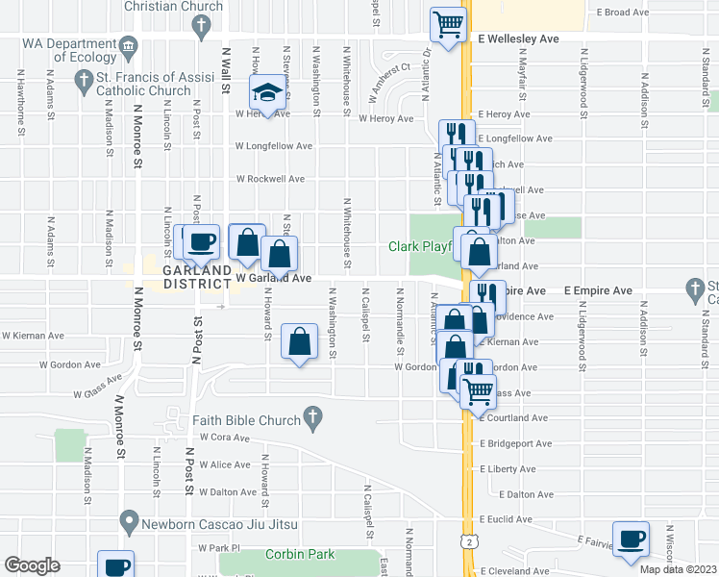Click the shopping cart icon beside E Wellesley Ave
pyautogui.click(x=449, y=23)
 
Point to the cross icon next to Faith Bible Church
pyautogui.click(x=311, y=415)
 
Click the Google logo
pyautogui.click(x=33, y=565)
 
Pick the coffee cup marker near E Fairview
pyautogui.click(x=631, y=539)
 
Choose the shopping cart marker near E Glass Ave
pyautogui.click(x=476, y=389)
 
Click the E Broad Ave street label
pyautogui.click(x=623, y=13)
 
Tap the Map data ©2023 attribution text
pyautogui.click(x=678, y=569)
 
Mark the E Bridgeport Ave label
pyautogui.click(x=515, y=444)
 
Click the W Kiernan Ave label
pyautogui.click(x=33, y=337)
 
